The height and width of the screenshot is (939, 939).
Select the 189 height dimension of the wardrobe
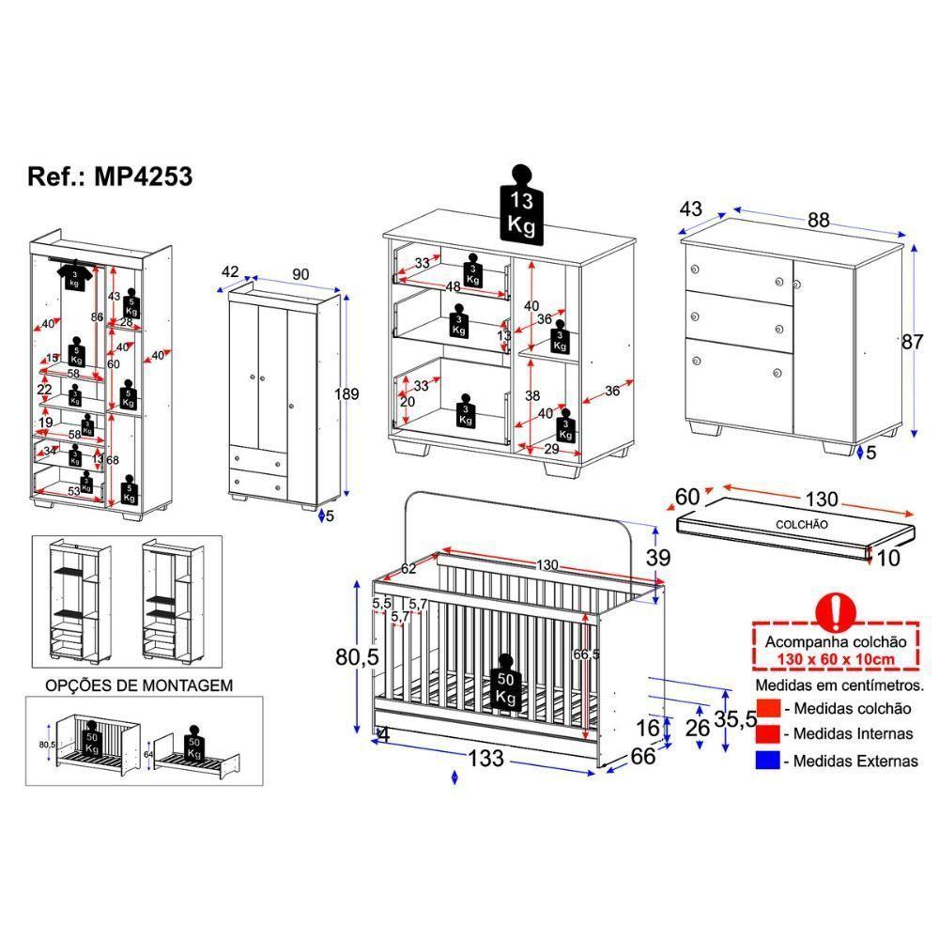[346, 394]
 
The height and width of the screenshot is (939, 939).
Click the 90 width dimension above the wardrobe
[300, 273]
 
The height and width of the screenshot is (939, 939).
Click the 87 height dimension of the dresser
[912, 342]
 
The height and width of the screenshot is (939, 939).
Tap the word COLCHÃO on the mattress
[801, 524]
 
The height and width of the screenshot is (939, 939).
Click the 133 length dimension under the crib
[485, 757]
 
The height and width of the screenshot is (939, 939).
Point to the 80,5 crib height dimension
[357, 657]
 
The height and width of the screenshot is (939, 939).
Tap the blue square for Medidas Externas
[767, 761]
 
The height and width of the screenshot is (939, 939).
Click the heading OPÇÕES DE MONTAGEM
[139, 686]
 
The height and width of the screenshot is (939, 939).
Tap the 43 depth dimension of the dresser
[690, 208]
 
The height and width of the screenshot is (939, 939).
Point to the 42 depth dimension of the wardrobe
[230, 272]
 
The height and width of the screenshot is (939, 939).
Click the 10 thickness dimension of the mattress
[889, 559]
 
